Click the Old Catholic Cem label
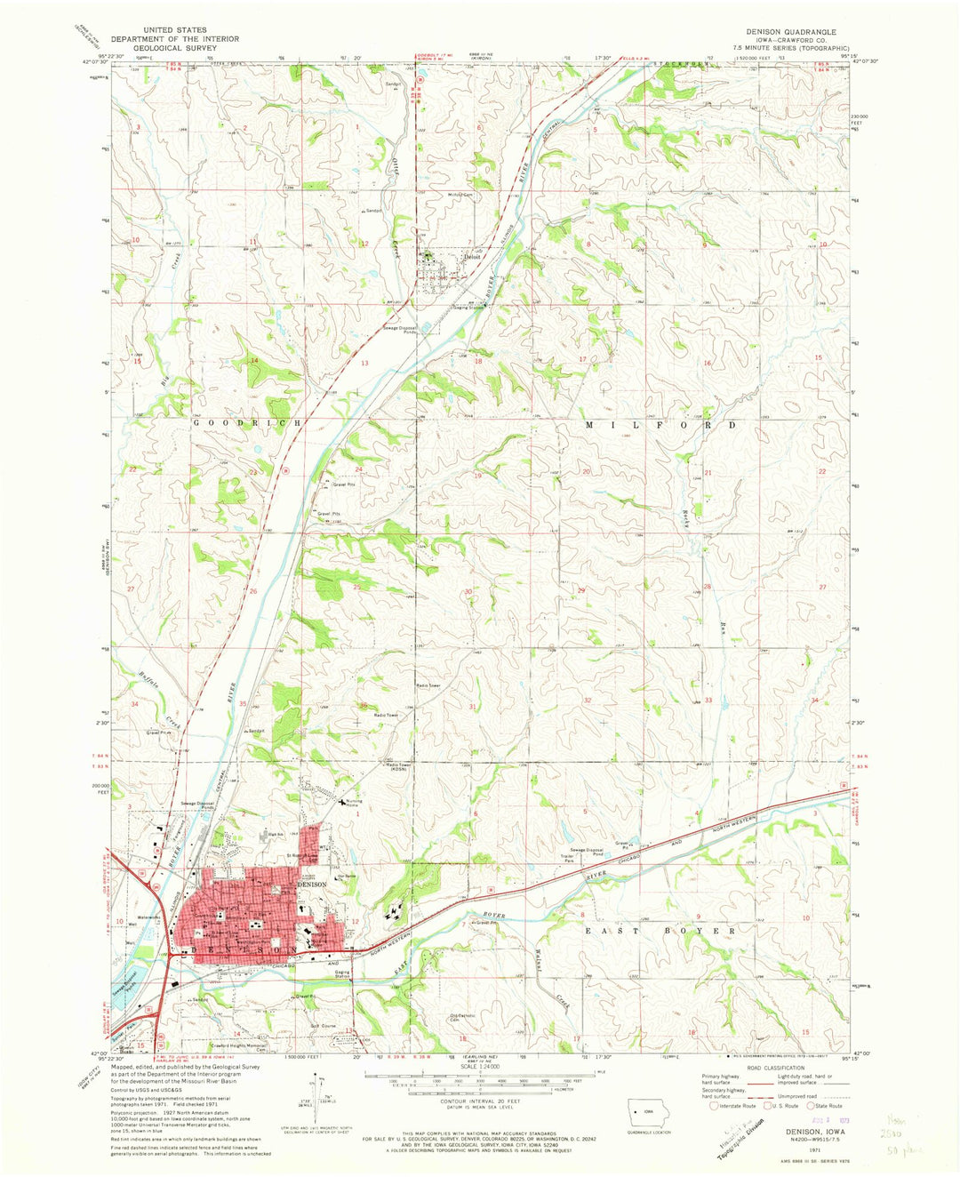click(x=466, y=1018)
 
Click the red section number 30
click(x=468, y=591)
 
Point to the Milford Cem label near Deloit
click(x=460, y=195)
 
